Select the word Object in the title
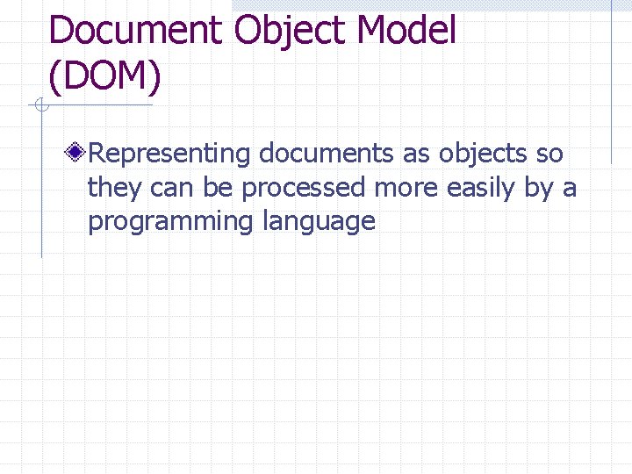[291, 31]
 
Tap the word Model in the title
[406, 31]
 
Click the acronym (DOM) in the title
[105, 76]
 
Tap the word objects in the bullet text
[482, 154]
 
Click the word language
[319, 221]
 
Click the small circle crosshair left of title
[39, 106]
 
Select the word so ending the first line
[549, 154]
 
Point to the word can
[170, 187]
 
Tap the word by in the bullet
[540, 187]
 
